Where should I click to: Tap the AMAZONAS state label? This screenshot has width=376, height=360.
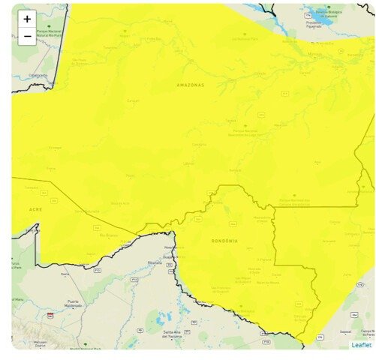190,85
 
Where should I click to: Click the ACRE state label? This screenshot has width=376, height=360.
35,209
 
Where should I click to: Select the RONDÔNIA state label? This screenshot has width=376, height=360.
224,241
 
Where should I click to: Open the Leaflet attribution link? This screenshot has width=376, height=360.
361,345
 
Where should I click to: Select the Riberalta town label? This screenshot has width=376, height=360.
155,263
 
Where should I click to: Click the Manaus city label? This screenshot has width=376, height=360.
314,55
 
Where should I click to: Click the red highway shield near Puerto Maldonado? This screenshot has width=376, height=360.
50,315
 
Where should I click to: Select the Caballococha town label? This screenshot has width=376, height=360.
38,75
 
